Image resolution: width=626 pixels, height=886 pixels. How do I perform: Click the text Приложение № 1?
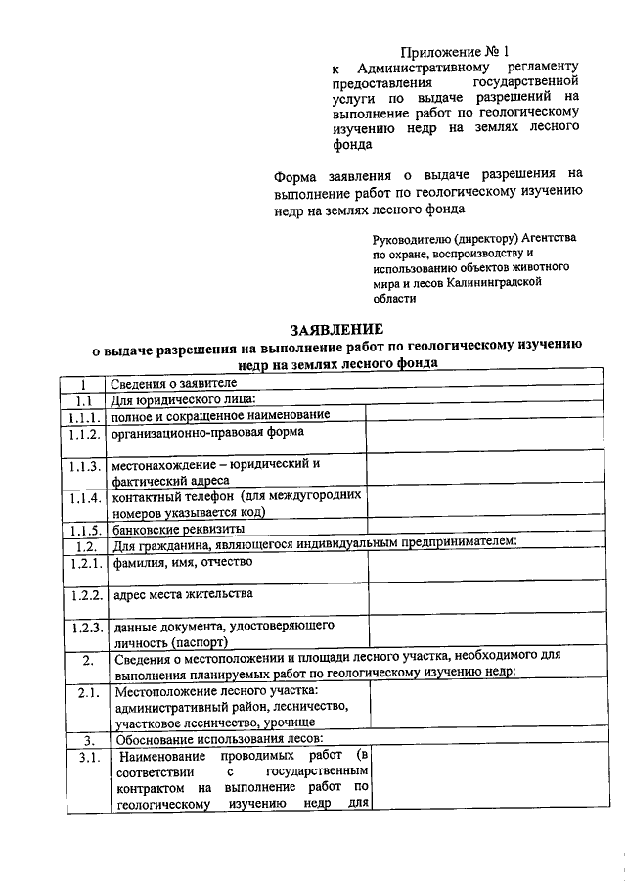[x=457, y=51]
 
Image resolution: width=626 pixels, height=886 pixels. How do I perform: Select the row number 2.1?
[x=86, y=694]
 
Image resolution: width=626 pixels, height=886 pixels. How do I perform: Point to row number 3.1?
[x=86, y=757]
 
